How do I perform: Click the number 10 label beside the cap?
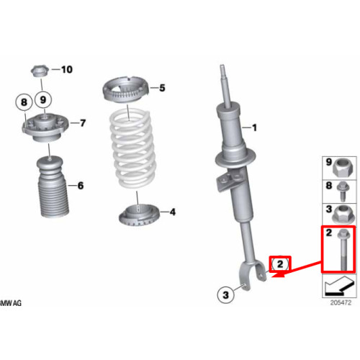click(x=67, y=70)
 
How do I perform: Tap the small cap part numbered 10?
click(x=40, y=71)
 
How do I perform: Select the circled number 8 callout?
click(x=24, y=102)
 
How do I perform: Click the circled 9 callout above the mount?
click(x=43, y=99)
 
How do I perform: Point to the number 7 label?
click(x=83, y=123)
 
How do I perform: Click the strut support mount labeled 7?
click(x=45, y=127)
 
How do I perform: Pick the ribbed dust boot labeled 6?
click(x=53, y=186)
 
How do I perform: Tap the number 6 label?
click(x=81, y=186)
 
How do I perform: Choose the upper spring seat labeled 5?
click(x=126, y=90)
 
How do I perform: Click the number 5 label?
click(x=162, y=88)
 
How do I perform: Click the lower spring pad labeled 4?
click(x=139, y=215)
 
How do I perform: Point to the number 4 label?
click(x=173, y=212)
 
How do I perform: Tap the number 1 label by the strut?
click(x=254, y=127)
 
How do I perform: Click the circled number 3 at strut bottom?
click(x=225, y=294)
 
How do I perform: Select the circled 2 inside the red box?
click(x=280, y=264)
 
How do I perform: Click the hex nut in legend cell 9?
click(x=343, y=167)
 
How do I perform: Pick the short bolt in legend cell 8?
click(x=343, y=192)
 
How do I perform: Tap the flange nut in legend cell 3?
click(x=343, y=214)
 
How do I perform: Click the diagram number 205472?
click(x=341, y=302)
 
